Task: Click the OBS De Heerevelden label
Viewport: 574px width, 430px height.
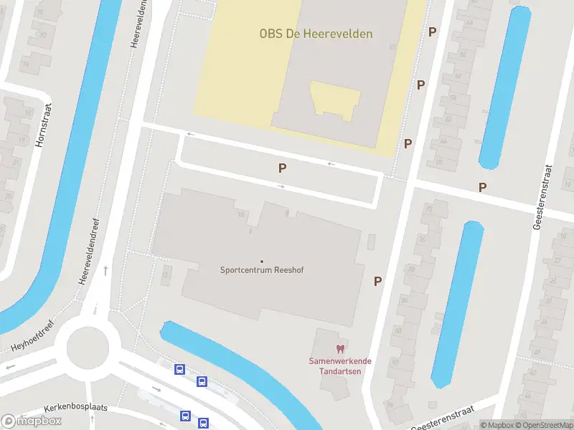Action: [x=316, y=33]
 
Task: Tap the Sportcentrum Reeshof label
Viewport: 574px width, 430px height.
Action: [x=261, y=270]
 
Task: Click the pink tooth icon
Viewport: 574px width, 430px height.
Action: [x=340, y=348]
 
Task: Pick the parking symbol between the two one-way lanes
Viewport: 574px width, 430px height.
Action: [x=283, y=168]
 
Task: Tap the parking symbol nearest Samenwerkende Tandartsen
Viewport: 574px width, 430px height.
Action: [x=377, y=281]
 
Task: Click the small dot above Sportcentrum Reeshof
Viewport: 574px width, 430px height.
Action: [x=261, y=261]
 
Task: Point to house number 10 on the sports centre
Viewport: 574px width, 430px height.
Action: [x=241, y=214]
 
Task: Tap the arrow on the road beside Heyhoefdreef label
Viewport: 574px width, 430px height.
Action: [x=10, y=368]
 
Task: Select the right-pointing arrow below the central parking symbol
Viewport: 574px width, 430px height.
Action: [x=281, y=187]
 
